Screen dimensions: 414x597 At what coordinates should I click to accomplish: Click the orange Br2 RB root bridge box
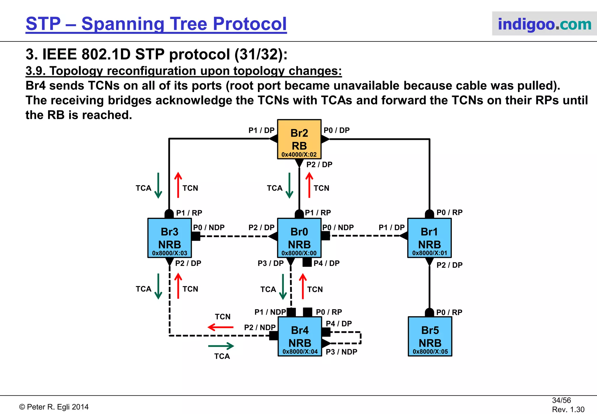tap(299, 139)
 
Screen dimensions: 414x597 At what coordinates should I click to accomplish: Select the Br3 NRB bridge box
tap(169, 238)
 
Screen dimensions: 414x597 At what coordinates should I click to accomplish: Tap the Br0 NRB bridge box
tap(299, 238)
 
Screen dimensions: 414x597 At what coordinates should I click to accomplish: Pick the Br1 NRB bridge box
tap(429, 238)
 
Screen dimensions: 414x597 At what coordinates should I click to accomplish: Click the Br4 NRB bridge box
tap(300, 336)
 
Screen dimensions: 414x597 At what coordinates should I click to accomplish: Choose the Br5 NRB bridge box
tap(430, 336)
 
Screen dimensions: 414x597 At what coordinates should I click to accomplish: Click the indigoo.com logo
tap(544, 24)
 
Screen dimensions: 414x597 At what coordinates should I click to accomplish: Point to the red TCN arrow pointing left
tap(221, 327)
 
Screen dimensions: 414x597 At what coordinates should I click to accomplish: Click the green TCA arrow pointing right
tap(221, 346)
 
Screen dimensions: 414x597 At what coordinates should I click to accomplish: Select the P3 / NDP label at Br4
tap(341, 352)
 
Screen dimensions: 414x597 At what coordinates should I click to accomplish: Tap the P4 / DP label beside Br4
tap(339, 323)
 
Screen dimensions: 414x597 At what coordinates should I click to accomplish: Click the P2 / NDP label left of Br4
tap(260, 327)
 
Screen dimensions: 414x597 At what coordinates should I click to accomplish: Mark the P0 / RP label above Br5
tap(449, 312)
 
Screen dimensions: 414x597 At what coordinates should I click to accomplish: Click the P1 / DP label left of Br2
tap(261, 131)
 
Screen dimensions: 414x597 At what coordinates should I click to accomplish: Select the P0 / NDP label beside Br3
tap(209, 227)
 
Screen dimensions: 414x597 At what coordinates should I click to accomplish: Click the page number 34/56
tap(561, 400)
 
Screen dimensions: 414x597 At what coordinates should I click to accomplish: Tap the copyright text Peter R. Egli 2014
tap(54, 407)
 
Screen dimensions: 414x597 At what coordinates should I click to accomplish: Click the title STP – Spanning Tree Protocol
tap(156, 24)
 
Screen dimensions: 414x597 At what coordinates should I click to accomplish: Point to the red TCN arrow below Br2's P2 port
tap(309, 185)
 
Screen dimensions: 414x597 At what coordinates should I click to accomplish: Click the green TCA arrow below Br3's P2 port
tap(158, 286)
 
